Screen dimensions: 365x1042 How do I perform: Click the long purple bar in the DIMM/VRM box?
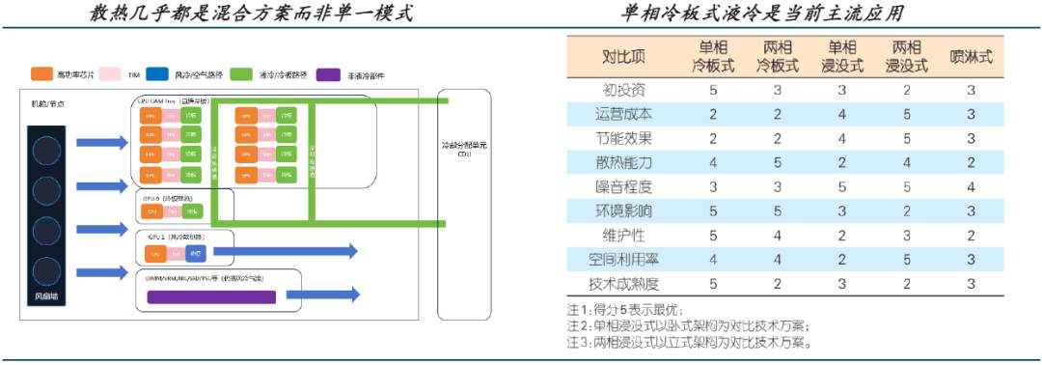(x=210, y=297)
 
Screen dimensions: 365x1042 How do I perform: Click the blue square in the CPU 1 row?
(x=195, y=253)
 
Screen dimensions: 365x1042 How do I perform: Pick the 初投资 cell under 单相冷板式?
(x=713, y=90)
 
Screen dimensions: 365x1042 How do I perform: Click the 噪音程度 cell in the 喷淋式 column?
(x=971, y=186)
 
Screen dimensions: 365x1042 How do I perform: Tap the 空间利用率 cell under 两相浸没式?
(x=907, y=259)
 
